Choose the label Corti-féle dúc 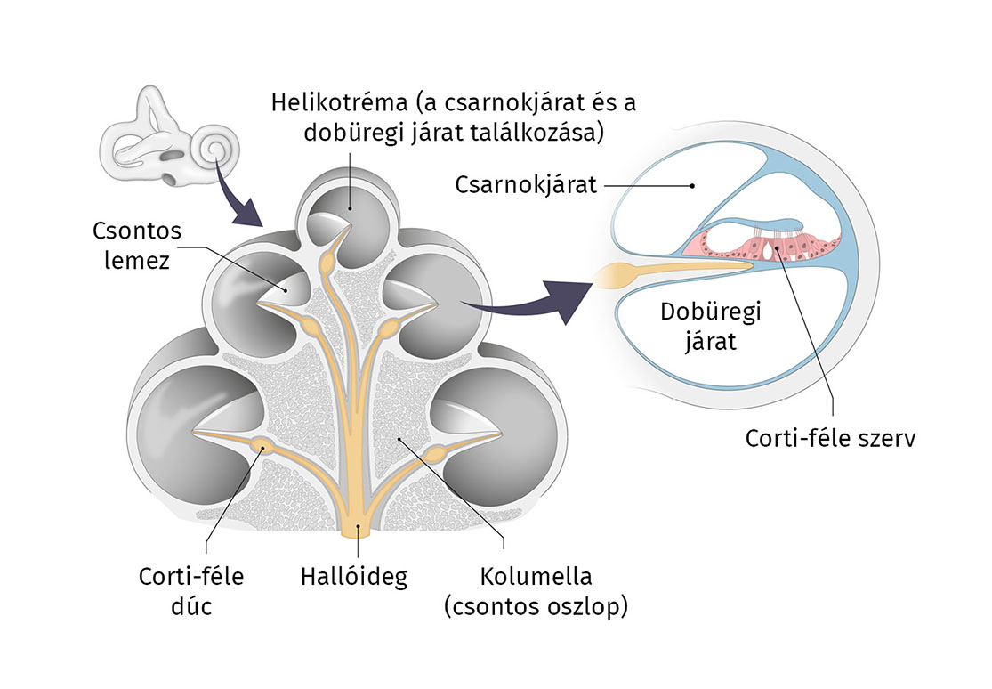coord(191,590)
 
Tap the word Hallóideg coord(353,577)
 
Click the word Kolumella coord(536,577)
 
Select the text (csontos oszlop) coord(536,608)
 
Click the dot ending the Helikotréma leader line coord(350,207)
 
